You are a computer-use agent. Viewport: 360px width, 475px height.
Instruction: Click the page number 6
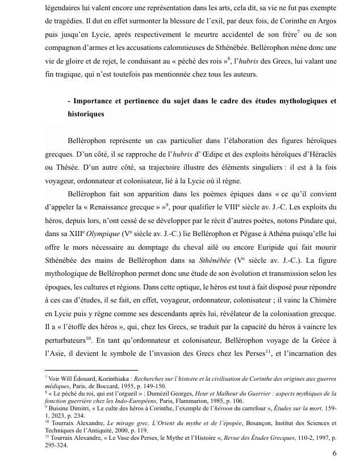[334, 453]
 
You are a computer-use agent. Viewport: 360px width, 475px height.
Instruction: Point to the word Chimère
[320, 312]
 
